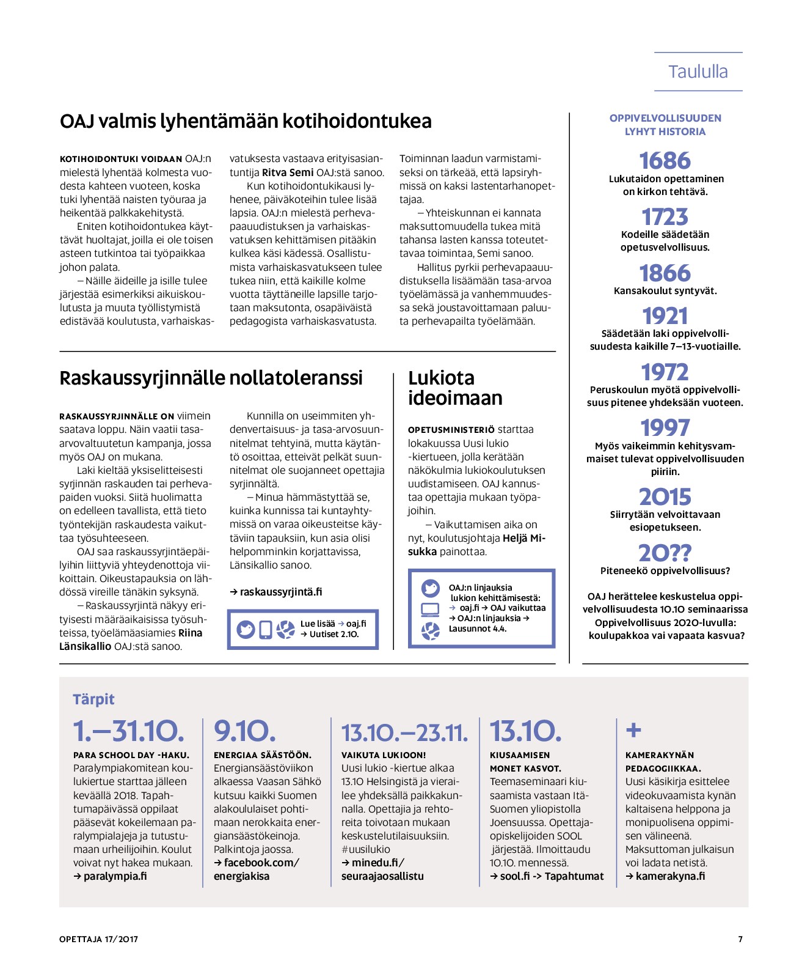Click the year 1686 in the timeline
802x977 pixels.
[665, 161]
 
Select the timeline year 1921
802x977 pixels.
[665, 316]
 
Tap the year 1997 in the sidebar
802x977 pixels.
[665, 428]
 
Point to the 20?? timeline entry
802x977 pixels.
[665, 553]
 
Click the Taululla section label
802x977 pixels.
[698, 72]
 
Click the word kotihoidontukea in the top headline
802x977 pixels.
[357, 121]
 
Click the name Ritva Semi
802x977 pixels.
[288, 172]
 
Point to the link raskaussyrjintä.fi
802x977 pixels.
[280, 592]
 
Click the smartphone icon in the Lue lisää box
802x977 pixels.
[266, 629]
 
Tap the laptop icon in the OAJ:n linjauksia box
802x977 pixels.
[431, 610]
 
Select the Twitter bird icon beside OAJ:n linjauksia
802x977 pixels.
[431, 588]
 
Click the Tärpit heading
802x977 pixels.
[93, 699]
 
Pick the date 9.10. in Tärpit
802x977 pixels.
[244, 731]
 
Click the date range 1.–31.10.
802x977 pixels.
[128, 731]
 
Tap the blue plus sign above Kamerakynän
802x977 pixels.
[633, 730]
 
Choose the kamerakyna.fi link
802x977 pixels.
[670, 876]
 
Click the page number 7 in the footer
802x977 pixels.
[740, 939]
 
